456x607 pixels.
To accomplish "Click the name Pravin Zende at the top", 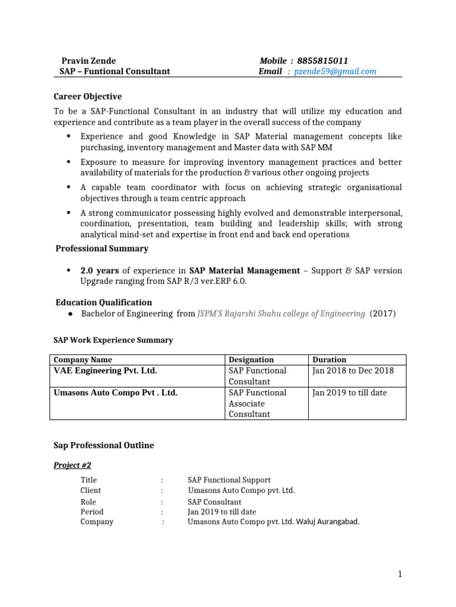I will pos(89,60).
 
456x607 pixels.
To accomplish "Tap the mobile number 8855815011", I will pos(322,60).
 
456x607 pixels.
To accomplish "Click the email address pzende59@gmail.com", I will pos(335,72).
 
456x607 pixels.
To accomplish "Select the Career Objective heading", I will pos(88,97).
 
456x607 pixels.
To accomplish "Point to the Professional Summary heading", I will pos(102,248).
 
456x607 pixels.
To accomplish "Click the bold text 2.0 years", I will pos(99,270).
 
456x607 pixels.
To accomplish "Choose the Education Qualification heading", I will pos(103,302).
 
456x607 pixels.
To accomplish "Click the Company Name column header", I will pos(83,360).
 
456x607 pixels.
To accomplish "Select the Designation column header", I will pos(251,360).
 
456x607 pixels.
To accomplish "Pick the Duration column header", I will pos(330,360).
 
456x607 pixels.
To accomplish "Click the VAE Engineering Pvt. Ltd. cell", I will pos(106,370).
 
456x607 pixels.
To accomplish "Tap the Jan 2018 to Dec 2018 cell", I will pos(353,370).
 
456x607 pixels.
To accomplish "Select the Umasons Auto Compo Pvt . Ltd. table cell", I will pos(116,392).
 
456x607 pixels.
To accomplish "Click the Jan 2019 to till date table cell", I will pos(349,392).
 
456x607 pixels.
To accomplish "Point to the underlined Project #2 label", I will pos(72,465).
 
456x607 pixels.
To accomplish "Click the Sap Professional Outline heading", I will pos(104,445).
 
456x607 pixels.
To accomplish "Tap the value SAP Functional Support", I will pos(229,480).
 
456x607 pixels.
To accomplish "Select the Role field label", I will pos(88,502).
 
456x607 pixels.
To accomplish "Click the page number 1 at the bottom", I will pos(400,574).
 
